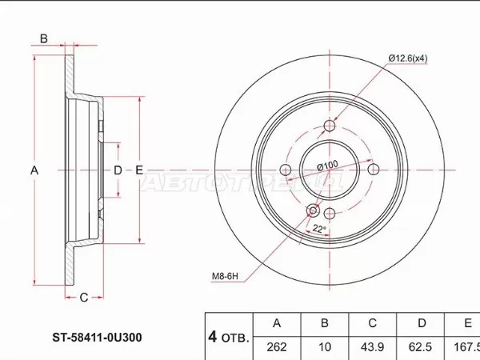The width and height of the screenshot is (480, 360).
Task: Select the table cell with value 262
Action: coord(277,348)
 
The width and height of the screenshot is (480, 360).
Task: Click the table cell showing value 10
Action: coord(324,348)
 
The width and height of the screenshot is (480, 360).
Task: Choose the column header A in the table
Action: coord(277,323)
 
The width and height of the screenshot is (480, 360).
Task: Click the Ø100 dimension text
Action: coord(326,165)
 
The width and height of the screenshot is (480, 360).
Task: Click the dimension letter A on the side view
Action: coord(34,170)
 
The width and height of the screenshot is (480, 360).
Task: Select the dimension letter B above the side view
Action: coord(45,38)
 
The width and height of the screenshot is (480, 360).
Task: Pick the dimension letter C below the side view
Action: coord(82,298)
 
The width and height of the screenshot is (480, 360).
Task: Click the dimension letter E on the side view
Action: coord(138,170)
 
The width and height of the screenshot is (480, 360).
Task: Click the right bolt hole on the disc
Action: coord(371,169)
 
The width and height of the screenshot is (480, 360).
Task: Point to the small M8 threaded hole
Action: coord(313,210)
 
